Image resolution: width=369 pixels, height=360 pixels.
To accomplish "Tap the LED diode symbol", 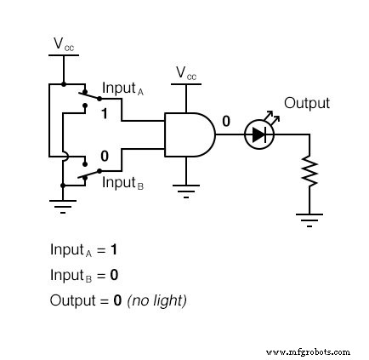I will click(x=258, y=134).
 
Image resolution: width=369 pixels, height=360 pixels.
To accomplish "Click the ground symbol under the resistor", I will click(x=309, y=219).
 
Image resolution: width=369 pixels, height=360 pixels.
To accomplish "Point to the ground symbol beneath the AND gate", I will click(x=185, y=188).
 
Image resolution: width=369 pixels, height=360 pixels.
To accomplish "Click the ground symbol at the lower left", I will click(x=63, y=204).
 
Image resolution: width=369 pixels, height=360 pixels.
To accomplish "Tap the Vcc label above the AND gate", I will click(x=186, y=73).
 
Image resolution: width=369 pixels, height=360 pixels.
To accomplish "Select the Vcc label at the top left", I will click(x=64, y=43).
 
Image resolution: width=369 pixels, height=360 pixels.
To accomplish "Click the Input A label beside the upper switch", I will click(x=124, y=89).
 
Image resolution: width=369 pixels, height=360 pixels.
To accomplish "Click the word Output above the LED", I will click(x=306, y=103).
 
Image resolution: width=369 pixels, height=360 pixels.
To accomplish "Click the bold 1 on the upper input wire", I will click(x=105, y=113).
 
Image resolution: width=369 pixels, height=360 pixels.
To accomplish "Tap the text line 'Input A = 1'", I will click(x=83, y=251).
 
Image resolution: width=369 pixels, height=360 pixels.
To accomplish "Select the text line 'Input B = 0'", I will click(x=83, y=276).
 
